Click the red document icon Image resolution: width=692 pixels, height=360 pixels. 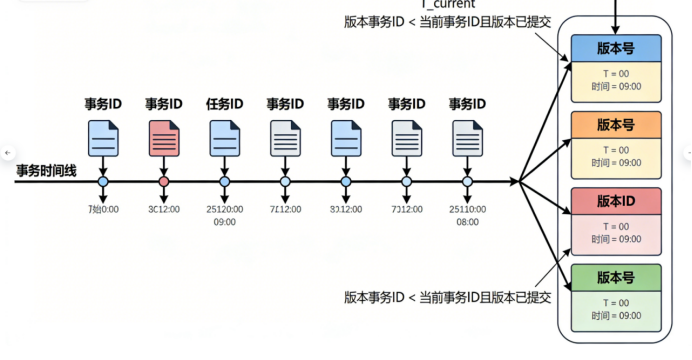point(164,136)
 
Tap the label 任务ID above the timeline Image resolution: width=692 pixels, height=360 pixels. point(224,103)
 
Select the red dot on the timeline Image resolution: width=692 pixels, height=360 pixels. point(164,182)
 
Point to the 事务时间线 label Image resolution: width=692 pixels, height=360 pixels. point(46,170)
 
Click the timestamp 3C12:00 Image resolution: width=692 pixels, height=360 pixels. point(164,209)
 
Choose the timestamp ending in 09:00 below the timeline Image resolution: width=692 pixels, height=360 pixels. point(224,222)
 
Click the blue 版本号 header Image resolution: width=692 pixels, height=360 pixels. point(615,48)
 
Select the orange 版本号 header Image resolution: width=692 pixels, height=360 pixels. point(615,124)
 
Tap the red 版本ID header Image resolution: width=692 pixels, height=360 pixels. point(615,200)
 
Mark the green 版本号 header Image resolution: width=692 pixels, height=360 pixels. point(615,277)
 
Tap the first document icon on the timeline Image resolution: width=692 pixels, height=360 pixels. point(103,136)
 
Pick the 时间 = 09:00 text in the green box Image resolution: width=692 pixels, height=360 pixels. point(615,315)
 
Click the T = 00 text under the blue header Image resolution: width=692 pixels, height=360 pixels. point(615,73)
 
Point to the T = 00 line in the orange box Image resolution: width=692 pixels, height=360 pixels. point(615,149)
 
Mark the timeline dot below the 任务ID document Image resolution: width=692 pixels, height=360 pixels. point(224,182)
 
